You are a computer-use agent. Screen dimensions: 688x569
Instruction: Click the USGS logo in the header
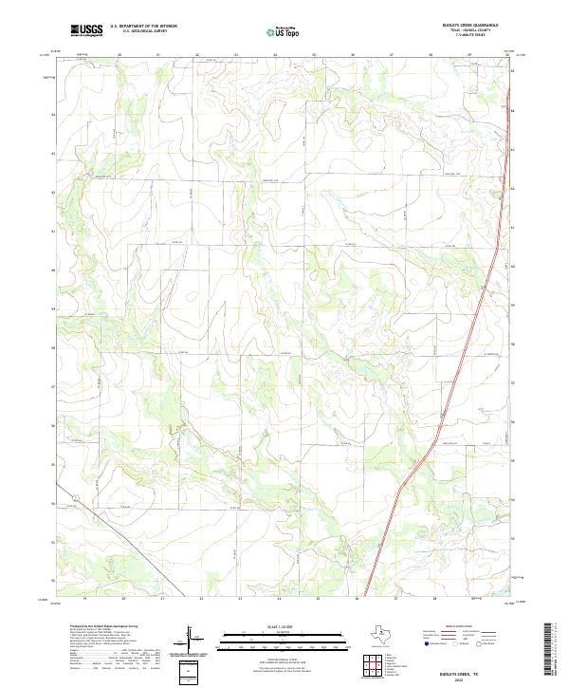tap(85, 31)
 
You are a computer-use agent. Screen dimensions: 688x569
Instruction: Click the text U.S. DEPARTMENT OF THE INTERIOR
tap(144, 27)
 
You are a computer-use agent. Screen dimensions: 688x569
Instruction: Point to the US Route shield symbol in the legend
tap(459, 642)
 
